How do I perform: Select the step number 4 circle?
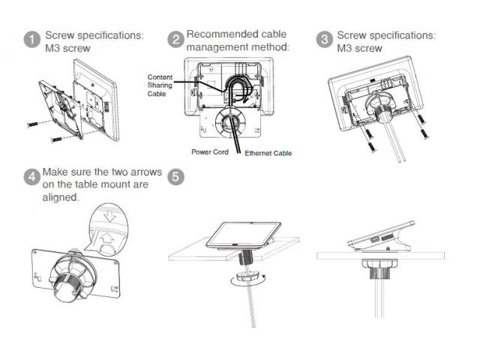point(31,178)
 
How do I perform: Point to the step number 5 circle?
point(176,178)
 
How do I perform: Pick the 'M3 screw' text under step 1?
point(67,48)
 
